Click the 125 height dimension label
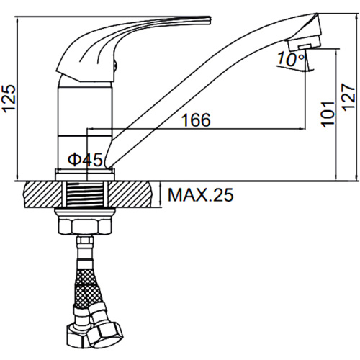[9, 99]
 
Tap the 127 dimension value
[348, 96]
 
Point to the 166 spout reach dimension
[196, 120]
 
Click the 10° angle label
[291, 59]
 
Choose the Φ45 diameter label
[85, 160]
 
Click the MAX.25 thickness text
[200, 195]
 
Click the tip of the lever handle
[210, 20]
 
